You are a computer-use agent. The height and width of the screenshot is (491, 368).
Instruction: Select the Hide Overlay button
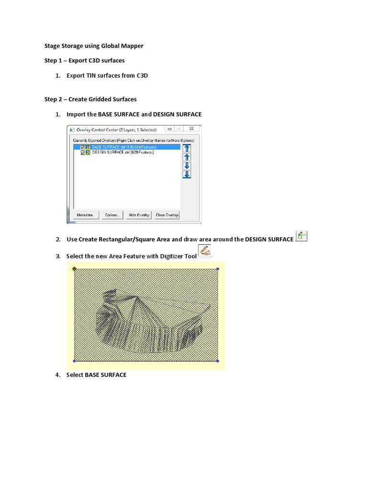pyautogui.click(x=139, y=215)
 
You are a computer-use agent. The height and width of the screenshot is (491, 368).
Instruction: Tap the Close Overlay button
pyautogui.click(x=167, y=215)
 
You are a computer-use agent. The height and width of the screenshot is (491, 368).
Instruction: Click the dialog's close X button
pyautogui.click(x=191, y=129)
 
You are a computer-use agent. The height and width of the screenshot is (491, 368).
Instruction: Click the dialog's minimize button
pyautogui.click(x=169, y=129)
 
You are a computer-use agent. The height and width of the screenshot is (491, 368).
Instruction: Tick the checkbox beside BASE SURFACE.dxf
pyautogui.click(x=83, y=147)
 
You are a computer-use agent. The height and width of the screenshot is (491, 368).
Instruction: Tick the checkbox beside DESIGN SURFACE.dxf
pyautogui.click(x=83, y=152)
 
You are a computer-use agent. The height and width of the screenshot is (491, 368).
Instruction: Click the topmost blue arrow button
pyautogui.click(x=187, y=148)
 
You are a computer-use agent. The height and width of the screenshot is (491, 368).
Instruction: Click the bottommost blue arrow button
pyautogui.click(x=187, y=174)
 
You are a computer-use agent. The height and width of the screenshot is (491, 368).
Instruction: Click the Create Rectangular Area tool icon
pyautogui.click(x=301, y=236)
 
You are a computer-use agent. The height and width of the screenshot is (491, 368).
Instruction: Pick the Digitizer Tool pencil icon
pyautogui.click(x=205, y=251)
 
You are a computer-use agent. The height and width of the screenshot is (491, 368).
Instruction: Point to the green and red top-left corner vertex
pyautogui.click(x=74, y=269)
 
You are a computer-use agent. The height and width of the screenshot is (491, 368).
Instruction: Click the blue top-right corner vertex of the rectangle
pyautogui.click(x=218, y=269)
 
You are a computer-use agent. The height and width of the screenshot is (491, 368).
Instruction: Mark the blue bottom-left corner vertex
pyautogui.click(x=74, y=361)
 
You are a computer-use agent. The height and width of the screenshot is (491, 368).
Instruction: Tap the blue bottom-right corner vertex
pyautogui.click(x=218, y=361)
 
